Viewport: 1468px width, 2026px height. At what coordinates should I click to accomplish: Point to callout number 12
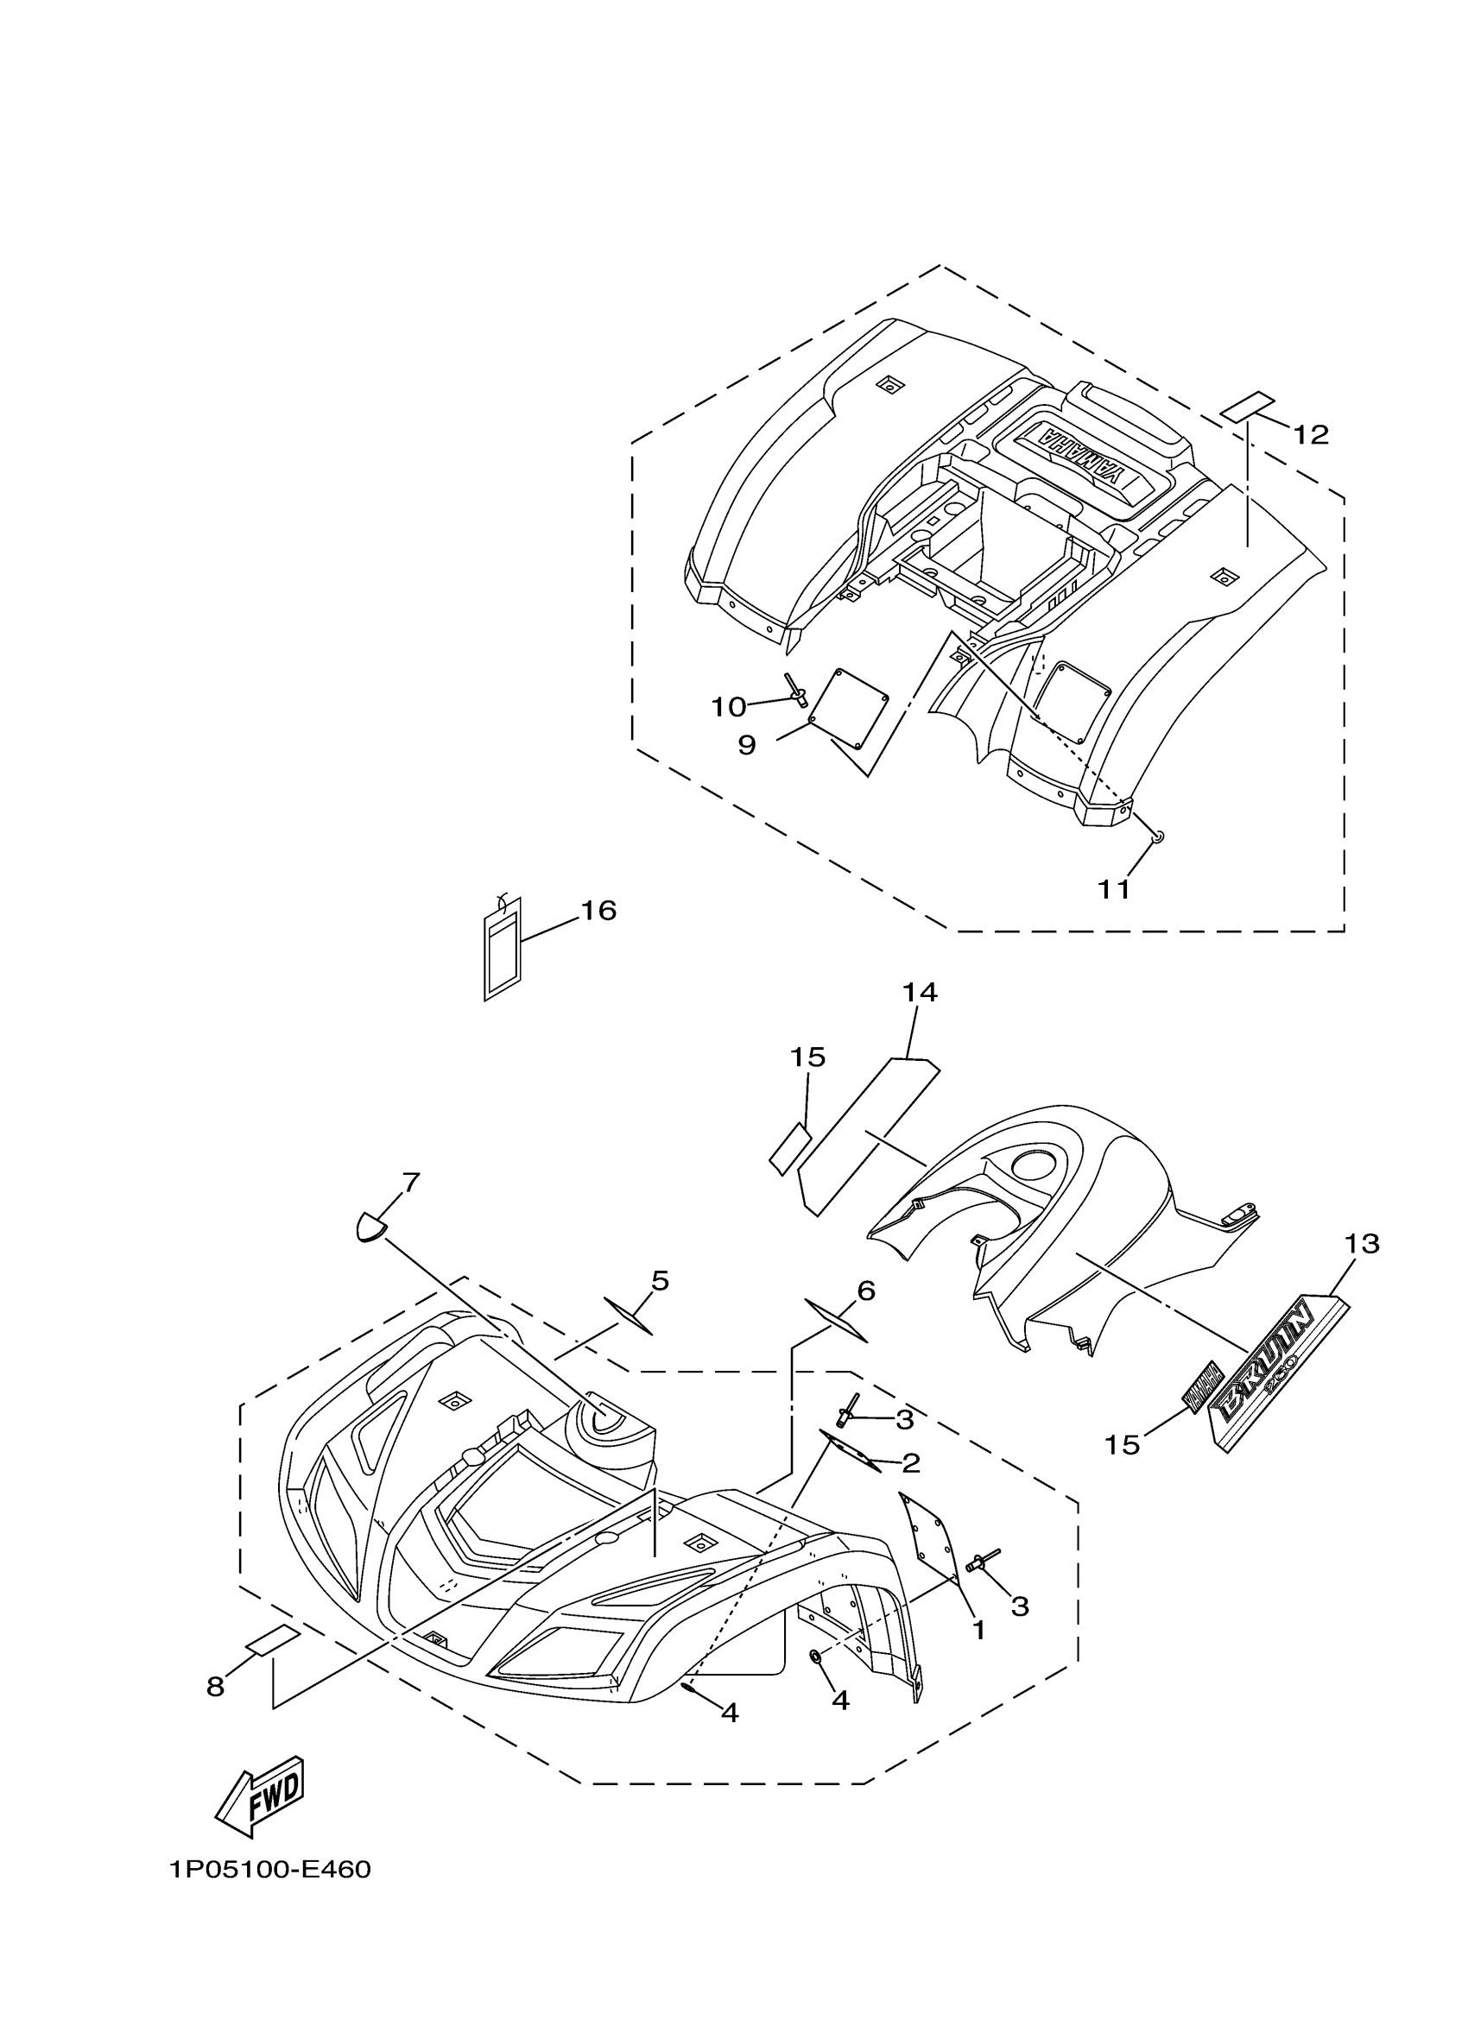[1311, 435]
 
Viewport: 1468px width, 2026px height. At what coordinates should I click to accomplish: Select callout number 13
[1362, 1242]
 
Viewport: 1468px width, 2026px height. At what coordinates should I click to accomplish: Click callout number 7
[410, 1183]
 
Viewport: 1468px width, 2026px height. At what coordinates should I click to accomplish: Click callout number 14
[920, 992]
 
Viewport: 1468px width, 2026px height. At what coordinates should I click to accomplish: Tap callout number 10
[728, 707]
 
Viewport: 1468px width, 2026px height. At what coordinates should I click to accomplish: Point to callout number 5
[660, 1281]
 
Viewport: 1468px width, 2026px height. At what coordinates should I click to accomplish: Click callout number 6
[865, 1291]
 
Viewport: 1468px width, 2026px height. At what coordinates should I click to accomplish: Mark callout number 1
[978, 1631]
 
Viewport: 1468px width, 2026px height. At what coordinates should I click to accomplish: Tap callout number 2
[910, 1463]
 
